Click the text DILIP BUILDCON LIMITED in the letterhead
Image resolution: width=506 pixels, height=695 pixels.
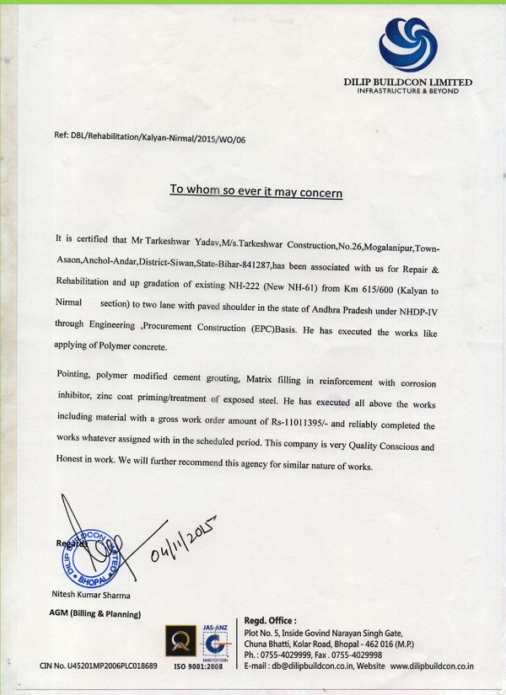point(407,82)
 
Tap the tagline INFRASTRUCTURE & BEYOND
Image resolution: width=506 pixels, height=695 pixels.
point(407,91)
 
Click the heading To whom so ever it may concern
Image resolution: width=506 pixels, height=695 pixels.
point(256,191)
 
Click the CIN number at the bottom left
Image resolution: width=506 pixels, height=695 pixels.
point(98,666)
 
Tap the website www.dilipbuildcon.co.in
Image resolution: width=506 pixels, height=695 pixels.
point(432,666)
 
